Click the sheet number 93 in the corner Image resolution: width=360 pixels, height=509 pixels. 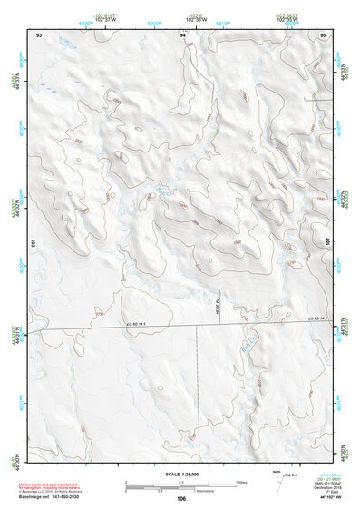[x=40, y=34]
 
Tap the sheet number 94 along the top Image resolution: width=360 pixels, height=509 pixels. [x=184, y=34]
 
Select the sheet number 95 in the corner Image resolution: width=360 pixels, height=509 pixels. [x=323, y=34]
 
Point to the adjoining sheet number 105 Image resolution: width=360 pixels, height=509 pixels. [x=31, y=243]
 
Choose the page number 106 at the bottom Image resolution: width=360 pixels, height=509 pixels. [x=181, y=498]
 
